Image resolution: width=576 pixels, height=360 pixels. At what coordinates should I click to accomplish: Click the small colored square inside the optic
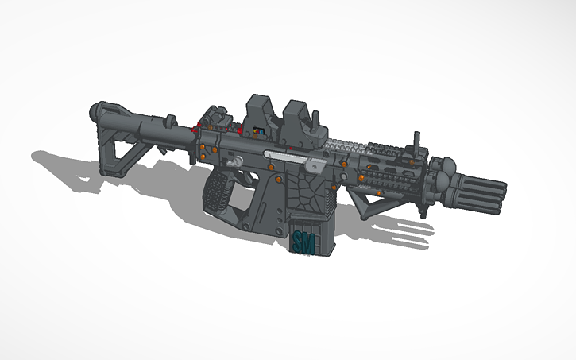(x=257, y=130)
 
